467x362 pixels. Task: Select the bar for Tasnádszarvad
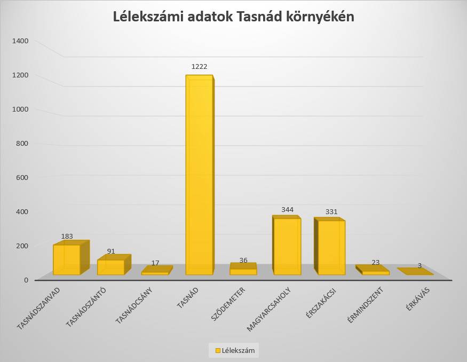67,259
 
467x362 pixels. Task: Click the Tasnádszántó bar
110,267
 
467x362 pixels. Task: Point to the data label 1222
199,67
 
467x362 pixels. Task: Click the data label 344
287,210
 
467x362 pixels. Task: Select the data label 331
331,211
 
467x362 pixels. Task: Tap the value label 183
67,236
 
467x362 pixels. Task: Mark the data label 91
110,251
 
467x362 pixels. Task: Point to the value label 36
243,260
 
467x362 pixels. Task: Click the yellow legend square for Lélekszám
217,350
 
